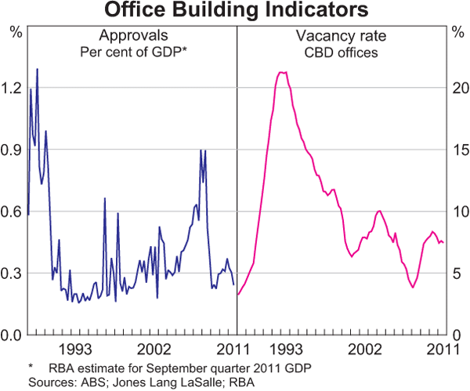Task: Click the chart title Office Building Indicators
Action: point(235,11)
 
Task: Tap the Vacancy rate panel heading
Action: point(337,36)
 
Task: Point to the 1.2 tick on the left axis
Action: point(13,88)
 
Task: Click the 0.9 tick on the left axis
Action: point(13,150)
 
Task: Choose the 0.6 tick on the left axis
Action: point(13,212)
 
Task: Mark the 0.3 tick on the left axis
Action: point(13,273)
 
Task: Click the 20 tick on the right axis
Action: point(457,88)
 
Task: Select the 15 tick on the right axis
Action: point(457,150)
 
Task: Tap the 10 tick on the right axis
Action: point(457,212)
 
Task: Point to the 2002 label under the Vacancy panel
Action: point(364,349)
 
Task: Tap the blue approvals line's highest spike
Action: point(37,69)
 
